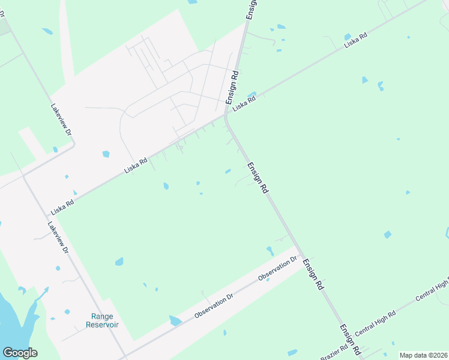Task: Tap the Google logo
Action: tap(20, 353)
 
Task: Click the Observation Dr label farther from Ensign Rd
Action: tap(212, 305)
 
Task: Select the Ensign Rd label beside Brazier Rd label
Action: tap(349, 339)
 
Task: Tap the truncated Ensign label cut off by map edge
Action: tap(251, 10)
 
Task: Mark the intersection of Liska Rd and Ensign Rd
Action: tap(226, 116)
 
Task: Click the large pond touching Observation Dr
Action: tap(175, 321)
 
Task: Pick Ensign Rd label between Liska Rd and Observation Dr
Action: tap(257, 177)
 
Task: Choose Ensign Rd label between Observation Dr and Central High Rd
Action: tap(313, 275)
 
